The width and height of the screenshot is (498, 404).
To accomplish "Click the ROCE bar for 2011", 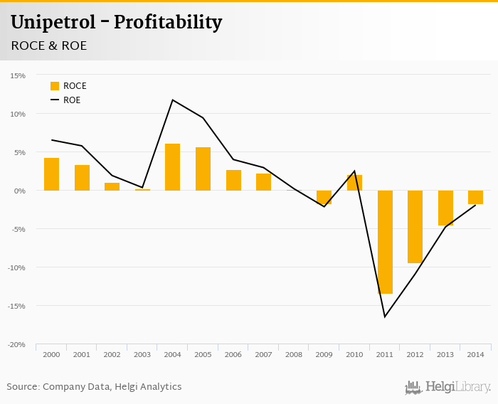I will (385, 242).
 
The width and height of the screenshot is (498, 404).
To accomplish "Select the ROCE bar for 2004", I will (172, 167).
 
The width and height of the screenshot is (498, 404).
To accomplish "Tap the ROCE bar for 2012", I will (415, 227).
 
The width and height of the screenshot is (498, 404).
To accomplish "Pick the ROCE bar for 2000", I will (51, 174).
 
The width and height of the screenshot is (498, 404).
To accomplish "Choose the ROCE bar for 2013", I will (445, 208).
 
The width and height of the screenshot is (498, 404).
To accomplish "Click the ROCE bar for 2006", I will (233, 180).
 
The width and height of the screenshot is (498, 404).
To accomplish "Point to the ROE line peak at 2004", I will (172, 100).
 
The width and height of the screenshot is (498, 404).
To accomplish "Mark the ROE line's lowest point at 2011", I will (385, 317).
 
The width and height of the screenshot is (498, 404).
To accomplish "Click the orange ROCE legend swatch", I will (55, 86).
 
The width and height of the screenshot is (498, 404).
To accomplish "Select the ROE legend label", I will (72, 100).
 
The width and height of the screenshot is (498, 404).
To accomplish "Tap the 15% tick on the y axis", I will (18, 75).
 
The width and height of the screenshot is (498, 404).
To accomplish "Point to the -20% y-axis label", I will (16, 344).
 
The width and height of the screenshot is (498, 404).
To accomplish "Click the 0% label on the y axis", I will (20, 191).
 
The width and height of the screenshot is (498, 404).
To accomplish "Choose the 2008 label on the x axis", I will (294, 353).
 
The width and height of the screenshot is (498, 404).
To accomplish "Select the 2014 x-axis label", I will (476, 353).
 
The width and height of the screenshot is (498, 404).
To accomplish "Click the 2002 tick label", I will (112, 353).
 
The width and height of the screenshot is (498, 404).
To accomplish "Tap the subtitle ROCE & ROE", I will (48, 46).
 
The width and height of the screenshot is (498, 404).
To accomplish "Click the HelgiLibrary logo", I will (448, 387).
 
